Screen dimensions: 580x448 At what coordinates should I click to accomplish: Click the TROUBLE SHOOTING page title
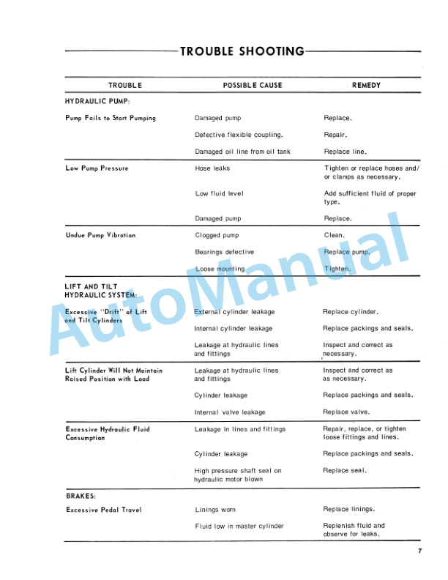[242, 51]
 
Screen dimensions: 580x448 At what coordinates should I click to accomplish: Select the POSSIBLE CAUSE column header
[252, 86]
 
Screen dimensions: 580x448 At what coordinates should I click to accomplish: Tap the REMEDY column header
[366, 86]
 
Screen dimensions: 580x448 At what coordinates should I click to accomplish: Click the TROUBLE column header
[125, 86]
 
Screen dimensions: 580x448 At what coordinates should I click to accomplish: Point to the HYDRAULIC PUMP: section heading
[97, 101]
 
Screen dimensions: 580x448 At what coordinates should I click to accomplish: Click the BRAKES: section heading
[81, 496]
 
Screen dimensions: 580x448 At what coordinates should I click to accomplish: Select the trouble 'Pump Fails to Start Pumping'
[111, 118]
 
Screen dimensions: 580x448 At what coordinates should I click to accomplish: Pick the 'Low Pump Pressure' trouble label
[97, 168]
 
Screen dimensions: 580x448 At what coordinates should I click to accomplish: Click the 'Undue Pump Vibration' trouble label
[100, 236]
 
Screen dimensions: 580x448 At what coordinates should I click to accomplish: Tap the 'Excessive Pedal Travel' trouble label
[103, 510]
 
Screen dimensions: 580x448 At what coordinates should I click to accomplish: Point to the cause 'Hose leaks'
[212, 168]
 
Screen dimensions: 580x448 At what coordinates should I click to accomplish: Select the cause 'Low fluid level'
[220, 194]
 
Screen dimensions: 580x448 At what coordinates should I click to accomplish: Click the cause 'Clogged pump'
[217, 236]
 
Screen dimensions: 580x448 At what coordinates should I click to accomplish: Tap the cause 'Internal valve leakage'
[230, 412]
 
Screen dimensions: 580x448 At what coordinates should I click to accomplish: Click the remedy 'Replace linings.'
[348, 510]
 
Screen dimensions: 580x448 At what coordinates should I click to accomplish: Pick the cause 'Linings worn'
[215, 510]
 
